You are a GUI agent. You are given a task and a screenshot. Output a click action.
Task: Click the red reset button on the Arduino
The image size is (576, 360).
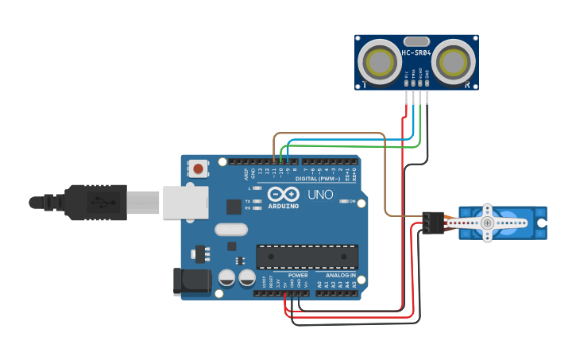coord(198,168)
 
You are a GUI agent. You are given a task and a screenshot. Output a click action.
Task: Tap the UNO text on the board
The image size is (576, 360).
coord(320,195)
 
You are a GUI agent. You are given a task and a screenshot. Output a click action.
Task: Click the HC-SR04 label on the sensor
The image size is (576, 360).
coord(416,53)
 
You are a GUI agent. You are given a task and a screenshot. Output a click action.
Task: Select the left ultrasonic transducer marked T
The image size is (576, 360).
coord(378,61)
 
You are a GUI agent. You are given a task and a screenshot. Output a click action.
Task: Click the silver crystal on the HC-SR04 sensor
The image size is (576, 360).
coord(416,41)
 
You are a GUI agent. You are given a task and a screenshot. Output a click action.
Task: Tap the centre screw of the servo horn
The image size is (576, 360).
coord(487,223)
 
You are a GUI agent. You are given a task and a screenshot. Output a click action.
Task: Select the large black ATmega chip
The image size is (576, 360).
coord(307,256)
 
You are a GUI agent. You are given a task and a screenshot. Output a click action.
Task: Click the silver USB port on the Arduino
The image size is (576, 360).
coord(185,202)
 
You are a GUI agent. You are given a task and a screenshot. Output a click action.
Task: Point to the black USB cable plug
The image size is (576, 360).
coord(95,202)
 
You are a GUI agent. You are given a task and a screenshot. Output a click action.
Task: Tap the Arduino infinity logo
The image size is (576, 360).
coord(284,195)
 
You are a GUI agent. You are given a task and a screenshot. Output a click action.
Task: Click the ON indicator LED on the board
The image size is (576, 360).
coord(344,202)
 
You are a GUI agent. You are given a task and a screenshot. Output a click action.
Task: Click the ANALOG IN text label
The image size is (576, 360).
coord(341,275)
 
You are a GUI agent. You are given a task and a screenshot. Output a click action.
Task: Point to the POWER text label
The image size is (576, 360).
coord(297,275)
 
